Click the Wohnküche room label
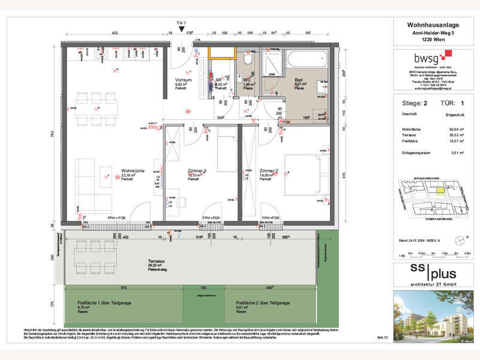pyautogui.click(x=130, y=170)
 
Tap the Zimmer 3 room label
pyautogui.click(x=196, y=171)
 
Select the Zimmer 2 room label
pyautogui.click(x=269, y=171)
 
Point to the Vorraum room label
pyautogui.click(x=183, y=80)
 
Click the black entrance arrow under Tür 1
pyautogui.click(x=182, y=29)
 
